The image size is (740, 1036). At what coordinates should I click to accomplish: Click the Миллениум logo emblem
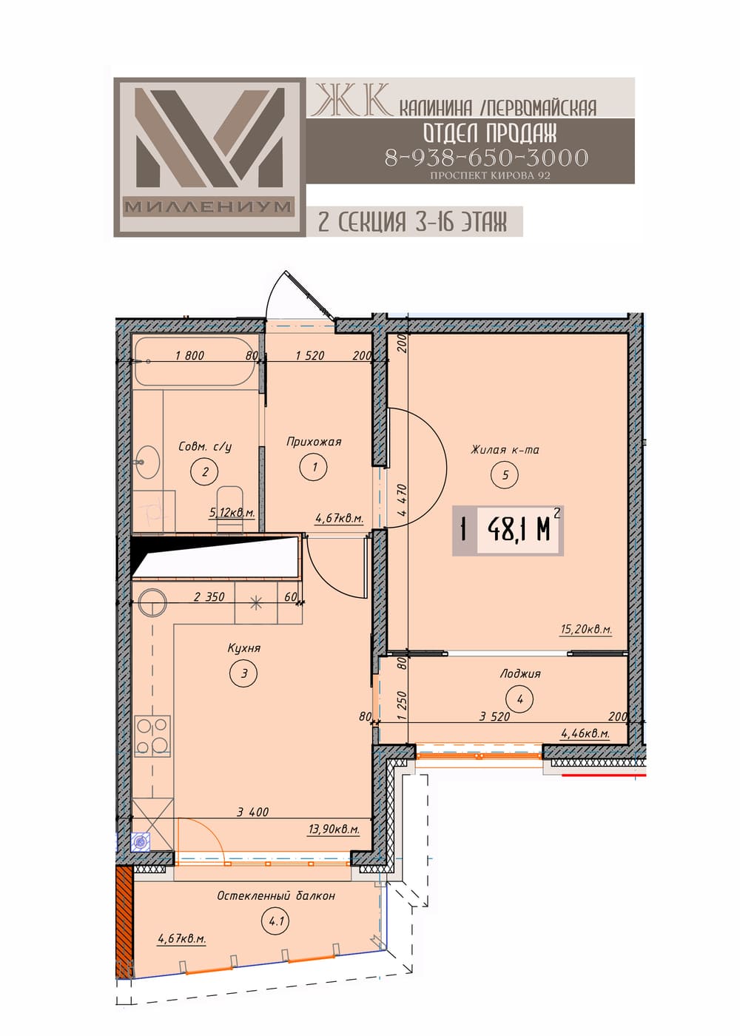[x=209, y=157]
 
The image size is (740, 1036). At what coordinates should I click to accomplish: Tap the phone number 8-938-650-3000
[x=486, y=158]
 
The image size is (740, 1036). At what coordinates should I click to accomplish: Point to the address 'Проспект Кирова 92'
[x=490, y=176]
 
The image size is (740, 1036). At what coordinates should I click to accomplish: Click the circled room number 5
[x=505, y=474]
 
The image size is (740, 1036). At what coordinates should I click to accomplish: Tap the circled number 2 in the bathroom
[x=206, y=471]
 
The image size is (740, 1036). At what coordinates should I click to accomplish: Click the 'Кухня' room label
[x=243, y=648]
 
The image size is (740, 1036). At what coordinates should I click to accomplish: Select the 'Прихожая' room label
[x=314, y=442]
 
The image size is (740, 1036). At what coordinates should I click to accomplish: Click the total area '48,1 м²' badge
[x=508, y=530]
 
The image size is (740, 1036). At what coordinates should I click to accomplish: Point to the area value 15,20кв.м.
[x=585, y=629]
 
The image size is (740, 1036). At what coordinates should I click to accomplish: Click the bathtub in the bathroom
[x=195, y=361]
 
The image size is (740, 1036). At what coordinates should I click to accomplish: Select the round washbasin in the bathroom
[x=147, y=461]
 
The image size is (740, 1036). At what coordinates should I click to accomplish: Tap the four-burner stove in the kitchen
[x=152, y=736]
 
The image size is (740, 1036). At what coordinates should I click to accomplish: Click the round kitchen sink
[x=153, y=602]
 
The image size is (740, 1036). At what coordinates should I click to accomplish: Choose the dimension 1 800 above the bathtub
[x=190, y=355]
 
